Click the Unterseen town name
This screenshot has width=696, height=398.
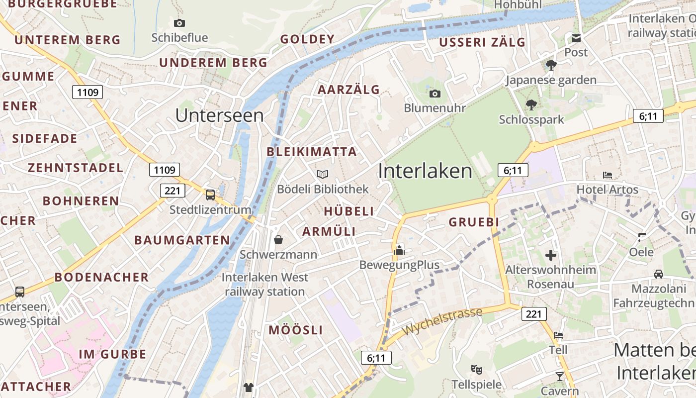[219, 115]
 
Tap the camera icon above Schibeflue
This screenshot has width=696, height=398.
[179, 23]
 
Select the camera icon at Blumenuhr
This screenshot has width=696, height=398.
[435, 94]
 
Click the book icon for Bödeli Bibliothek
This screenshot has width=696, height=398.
[323, 174]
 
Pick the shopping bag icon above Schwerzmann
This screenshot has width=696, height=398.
[278, 240]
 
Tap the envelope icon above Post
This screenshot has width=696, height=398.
[576, 38]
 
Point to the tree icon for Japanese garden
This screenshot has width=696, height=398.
[551, 65]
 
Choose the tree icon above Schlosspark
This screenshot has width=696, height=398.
[531, 104]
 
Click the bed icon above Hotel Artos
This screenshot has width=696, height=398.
[607, 175]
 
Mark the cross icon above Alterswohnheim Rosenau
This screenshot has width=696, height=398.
[550, 255]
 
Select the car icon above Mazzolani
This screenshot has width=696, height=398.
[658, 274]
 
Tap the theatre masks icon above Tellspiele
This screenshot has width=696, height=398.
[477, 370]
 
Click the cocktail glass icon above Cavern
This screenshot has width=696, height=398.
[560, 376]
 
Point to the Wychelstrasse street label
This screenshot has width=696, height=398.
[442, 321]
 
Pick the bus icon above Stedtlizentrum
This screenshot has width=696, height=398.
[210, 195]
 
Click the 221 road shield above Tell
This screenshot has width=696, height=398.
[534, 314]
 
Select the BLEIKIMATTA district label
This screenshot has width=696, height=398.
[312, 152]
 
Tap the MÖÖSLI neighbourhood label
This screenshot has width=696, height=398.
[296, 330]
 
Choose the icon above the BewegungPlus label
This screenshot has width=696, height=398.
[399, 250]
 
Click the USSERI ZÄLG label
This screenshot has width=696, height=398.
[482, 42]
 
